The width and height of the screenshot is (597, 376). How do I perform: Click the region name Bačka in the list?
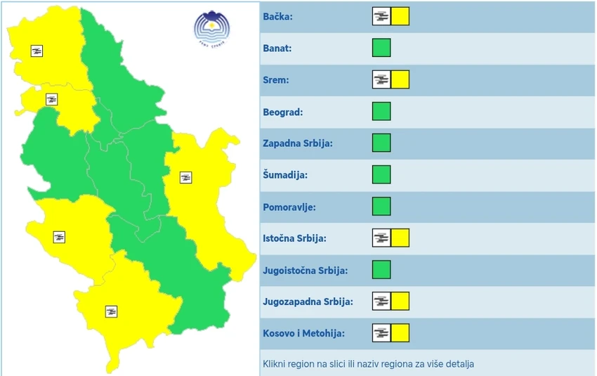(x=278, y=17)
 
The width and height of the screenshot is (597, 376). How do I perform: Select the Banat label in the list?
(x=277, y=48)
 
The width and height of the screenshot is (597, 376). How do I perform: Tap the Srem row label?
(x=276, y=80)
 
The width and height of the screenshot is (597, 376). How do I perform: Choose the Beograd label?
(x=282, y=112)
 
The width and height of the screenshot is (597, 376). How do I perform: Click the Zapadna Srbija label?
(x=297, y=143)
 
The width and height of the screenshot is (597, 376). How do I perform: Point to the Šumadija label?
(x=285, y=175)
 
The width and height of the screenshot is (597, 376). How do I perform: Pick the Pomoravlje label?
(x=289, y=207)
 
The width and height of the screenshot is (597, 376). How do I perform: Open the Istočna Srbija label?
(x=294, y=238)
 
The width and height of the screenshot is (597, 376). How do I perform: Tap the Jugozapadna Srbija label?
(x=308, y=302)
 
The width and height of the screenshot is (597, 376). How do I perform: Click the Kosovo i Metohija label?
(x=304, y=333)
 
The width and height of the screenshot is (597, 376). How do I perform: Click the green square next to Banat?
(x=381, y=48)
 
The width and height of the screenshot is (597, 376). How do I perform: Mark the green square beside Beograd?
(x=381, y=111)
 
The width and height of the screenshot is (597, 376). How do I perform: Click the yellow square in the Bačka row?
(x=400, y=16)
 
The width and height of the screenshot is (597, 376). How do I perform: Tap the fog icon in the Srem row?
(x=381, y=79)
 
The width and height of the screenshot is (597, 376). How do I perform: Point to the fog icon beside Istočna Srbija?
(x=381, y=238)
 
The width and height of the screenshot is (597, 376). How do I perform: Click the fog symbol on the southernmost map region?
(x=110, y=311)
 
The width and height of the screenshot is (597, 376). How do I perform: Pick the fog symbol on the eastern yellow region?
(x=186, y=177)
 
